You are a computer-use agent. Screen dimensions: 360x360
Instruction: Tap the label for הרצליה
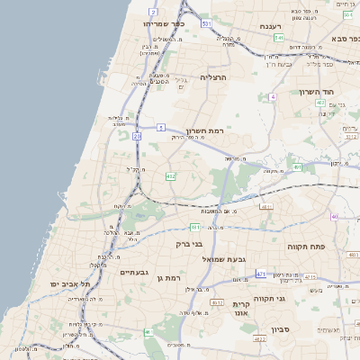click(217, 78)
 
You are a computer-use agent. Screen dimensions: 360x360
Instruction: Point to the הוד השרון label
click(311, 92)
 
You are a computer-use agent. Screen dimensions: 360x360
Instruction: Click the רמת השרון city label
click(205, 130)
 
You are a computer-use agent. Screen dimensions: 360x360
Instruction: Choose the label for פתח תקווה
click(307, 246)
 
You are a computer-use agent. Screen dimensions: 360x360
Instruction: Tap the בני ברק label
click(189, 243)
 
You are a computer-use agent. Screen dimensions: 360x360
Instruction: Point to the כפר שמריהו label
click(164, 24)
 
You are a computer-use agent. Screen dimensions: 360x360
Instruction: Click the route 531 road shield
click(207, 23)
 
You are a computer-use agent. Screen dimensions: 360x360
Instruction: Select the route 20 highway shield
click(138, 136)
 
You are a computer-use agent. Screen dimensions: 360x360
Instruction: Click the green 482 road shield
click(170, 176)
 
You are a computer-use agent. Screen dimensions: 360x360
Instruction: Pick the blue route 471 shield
click(261, 274)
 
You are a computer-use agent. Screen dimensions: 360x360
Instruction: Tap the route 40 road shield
click(335, 216)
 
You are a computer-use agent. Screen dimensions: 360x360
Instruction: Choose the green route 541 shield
click(280, 39)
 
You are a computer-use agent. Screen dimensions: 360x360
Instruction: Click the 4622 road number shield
click(259, 339)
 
